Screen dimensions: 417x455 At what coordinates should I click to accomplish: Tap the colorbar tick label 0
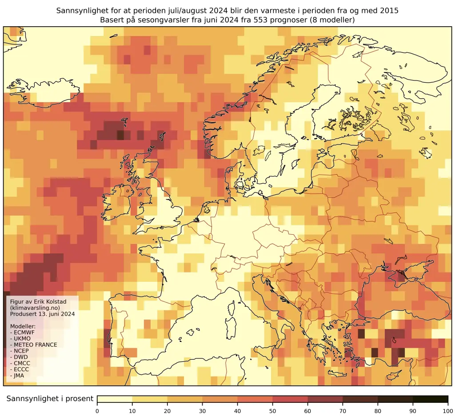(x=97, y=410)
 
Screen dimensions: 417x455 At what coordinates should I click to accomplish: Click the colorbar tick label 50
(x=272, y=410)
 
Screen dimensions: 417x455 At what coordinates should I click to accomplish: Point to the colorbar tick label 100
(x=447, y=410)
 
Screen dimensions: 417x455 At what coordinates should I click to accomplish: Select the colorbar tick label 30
(x=202, y=410)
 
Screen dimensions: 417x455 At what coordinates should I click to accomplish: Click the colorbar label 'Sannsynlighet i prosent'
(x=50, y=399)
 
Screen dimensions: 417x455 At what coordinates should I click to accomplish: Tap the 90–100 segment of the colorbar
(x=430, y=399)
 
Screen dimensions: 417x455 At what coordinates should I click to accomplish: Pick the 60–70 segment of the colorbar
(x=325, y=399)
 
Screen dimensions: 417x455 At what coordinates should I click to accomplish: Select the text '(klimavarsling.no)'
(x=35, y=308)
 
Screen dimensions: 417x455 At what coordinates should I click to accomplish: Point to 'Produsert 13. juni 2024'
(x=42, y=314)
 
